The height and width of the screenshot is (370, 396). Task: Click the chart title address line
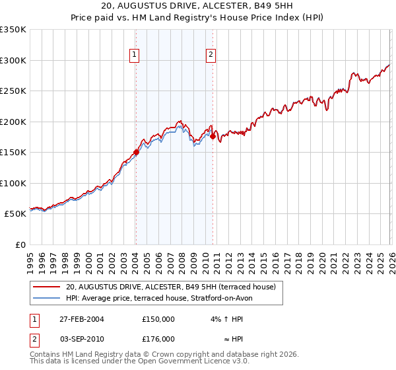198,6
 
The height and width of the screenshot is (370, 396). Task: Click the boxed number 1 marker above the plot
135,55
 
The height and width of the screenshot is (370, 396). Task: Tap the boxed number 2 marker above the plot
211,55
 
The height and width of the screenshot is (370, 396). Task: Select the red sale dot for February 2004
136,152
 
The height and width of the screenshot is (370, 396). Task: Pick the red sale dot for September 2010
213,136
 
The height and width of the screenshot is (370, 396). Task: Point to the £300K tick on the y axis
13,60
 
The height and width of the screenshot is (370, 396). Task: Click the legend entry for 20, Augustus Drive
174,287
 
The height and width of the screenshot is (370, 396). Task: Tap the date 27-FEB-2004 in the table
82,318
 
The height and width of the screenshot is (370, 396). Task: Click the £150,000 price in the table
158,318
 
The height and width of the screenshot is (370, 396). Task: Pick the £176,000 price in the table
158,339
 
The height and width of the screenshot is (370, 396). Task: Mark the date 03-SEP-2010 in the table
82,339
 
